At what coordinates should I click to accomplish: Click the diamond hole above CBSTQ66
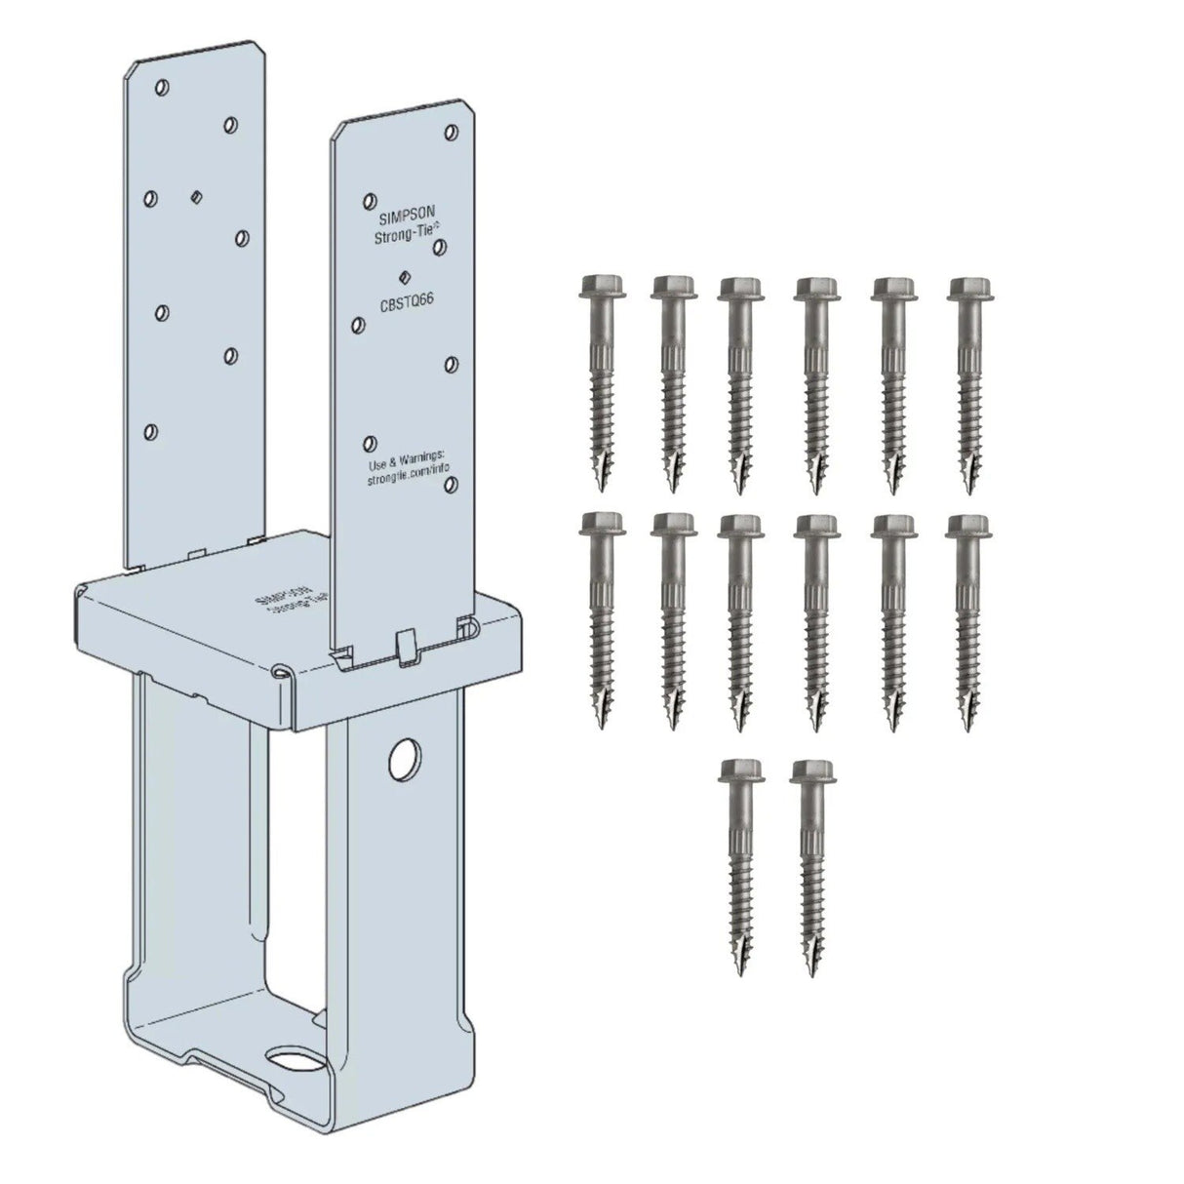point(402,277)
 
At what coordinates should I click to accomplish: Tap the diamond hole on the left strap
point(195,196)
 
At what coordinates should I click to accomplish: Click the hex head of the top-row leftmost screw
point(596,287)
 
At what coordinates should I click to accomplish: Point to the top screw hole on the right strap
point(451,132)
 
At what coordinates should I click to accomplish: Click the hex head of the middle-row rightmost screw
point(967,526)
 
